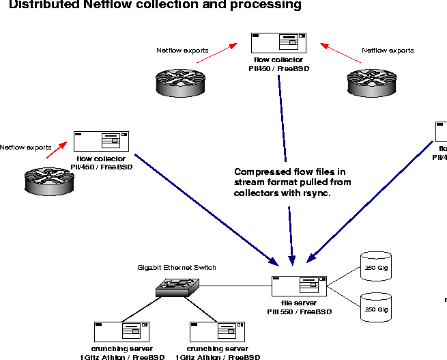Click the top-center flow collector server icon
tap(279, 43)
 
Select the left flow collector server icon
tap(102, 141)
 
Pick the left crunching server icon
tap(121, 333)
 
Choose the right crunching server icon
tap(217, 333)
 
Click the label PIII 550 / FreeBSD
tap(300, 311)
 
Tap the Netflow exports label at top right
tap(387, 50)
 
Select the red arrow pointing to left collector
tap(59, 151)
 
